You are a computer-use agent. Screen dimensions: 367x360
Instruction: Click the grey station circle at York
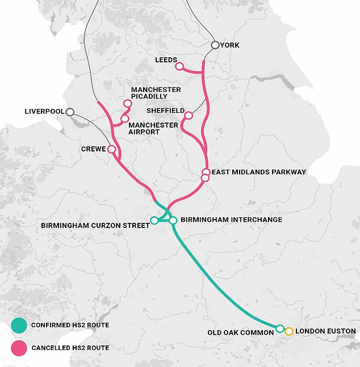(x=215, y=45)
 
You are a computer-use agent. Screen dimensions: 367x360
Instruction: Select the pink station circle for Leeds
(x=179, y=66)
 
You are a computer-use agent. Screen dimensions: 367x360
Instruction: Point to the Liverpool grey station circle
(x=70, y=112)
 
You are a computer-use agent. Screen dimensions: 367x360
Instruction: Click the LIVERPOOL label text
(x=44, y=112)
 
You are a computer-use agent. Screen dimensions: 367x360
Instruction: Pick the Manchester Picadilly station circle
(x=127, y=104)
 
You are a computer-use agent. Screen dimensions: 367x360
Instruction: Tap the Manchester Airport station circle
(x=124, y=119)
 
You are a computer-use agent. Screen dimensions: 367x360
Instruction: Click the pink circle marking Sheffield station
(x=188, y=116)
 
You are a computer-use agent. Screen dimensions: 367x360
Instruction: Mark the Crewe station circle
(x=112, y=149)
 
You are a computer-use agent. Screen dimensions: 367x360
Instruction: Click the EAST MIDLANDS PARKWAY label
(x=258, y=172)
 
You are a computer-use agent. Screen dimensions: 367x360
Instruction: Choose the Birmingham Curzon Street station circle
(x=154, y=220)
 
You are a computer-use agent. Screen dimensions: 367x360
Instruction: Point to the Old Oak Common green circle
(x=279, y=328)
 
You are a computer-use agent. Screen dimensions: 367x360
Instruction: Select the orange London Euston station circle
(x=288, y=331)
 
